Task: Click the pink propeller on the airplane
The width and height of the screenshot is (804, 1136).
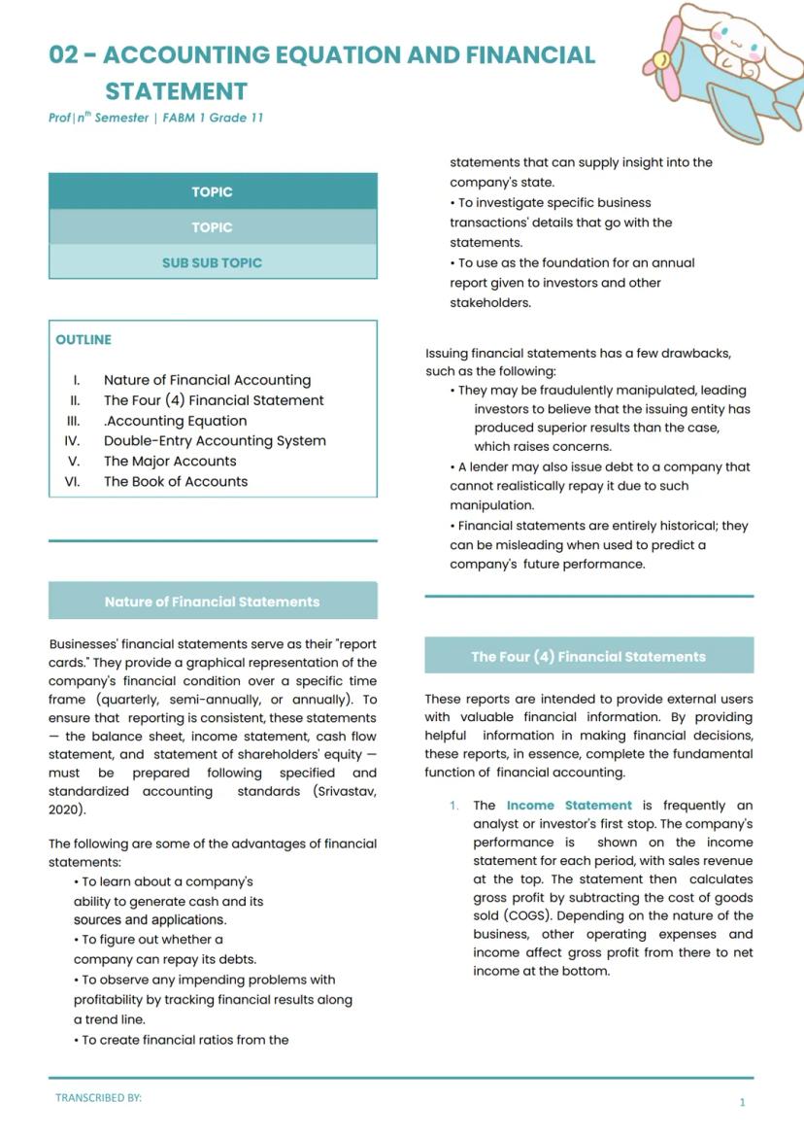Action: point(661,61)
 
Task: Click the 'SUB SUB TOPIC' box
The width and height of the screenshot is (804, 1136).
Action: point(212,262)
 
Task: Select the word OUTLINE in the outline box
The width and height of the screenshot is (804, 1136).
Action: point(84,340)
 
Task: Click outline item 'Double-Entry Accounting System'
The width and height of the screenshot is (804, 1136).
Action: point(215,440)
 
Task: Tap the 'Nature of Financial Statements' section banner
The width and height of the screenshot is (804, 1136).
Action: point(212,602)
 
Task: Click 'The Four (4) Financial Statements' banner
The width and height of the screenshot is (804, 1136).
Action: point(588,656)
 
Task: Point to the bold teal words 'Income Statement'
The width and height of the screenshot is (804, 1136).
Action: point(569,806)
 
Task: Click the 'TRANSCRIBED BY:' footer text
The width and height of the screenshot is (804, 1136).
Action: point(98,1097)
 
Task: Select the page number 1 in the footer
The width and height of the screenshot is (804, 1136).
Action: point(743,1102)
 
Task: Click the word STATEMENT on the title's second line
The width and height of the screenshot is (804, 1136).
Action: point(176,91)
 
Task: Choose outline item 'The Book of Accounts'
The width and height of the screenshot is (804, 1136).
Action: point(176,481)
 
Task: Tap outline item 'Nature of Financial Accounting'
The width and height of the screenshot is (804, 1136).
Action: point(207,380)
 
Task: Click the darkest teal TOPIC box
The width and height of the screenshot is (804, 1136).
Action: point(212,191)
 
